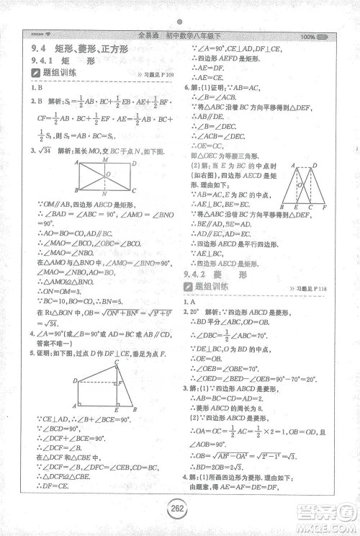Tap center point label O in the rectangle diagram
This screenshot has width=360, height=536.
coord(107,174)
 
